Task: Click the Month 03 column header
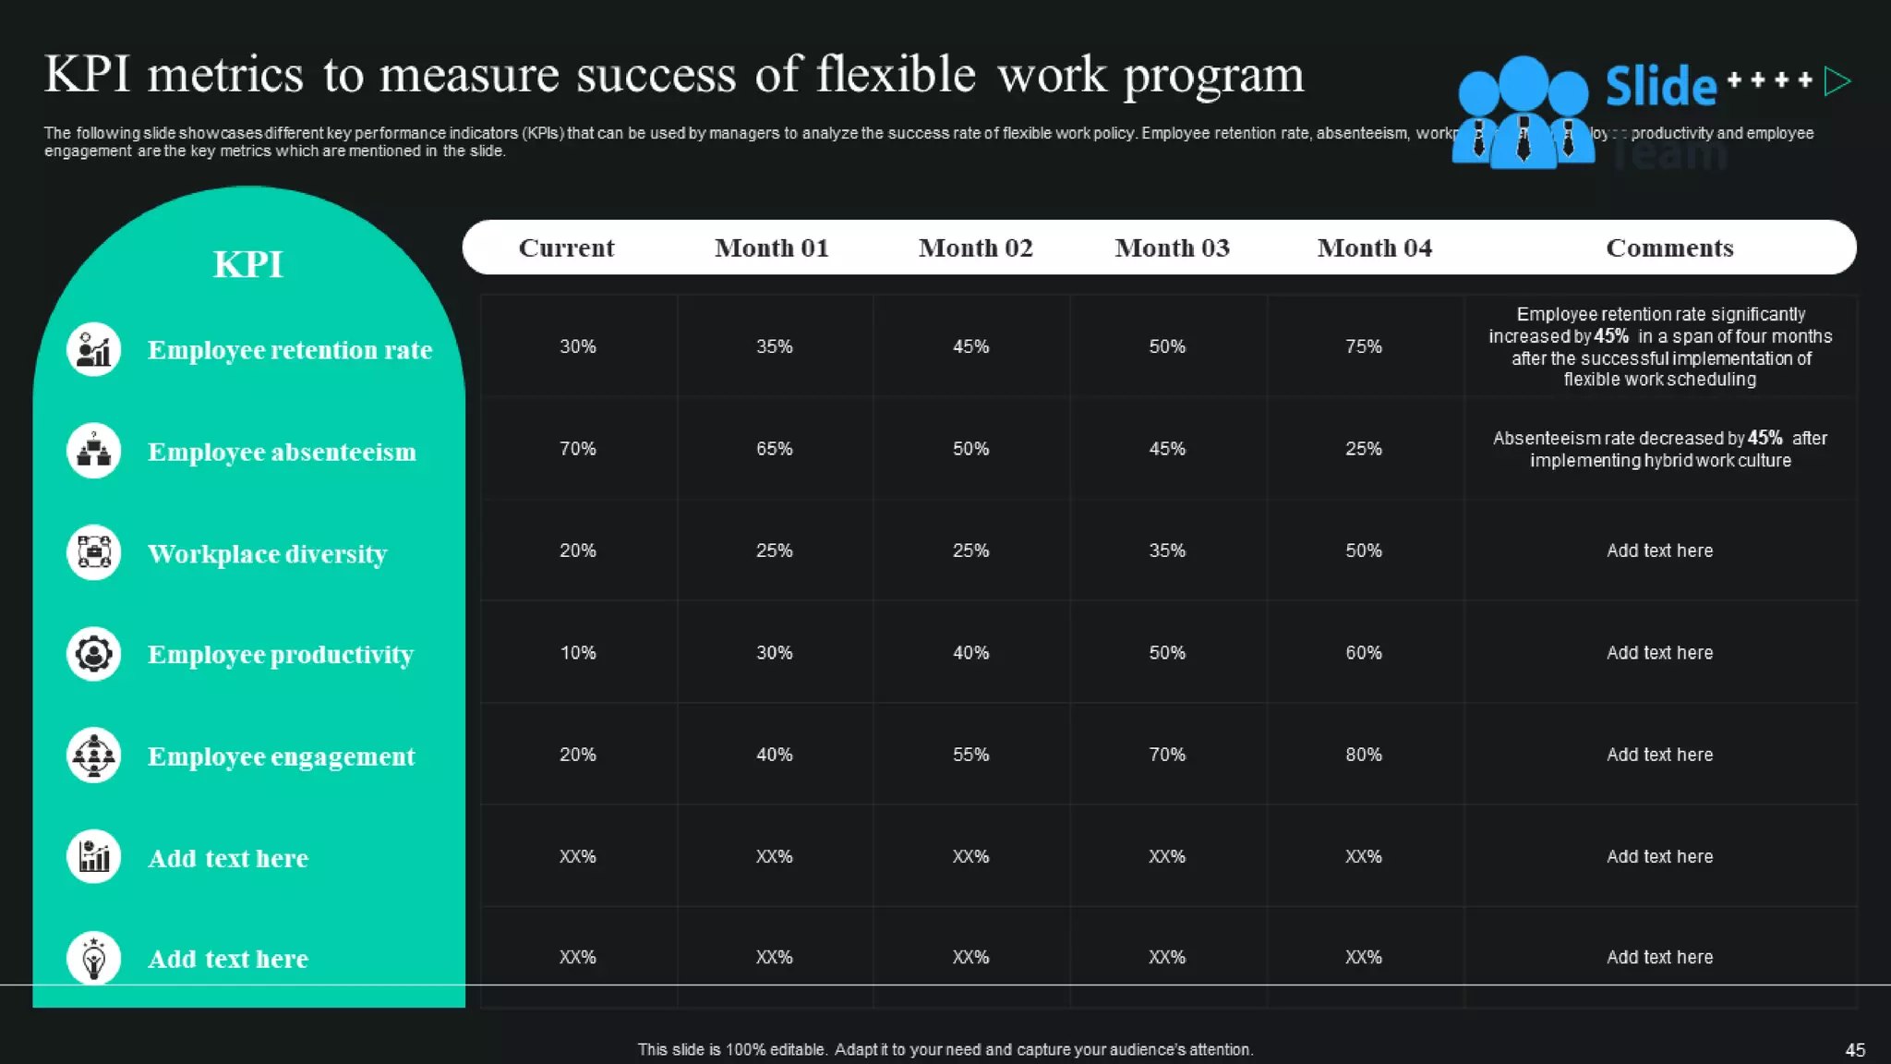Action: coord(1172,248)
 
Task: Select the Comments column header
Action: coord(1669,248)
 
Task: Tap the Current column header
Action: coord(566,248)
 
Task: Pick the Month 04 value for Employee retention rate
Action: coord(1363,346)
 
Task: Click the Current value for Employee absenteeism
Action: coord(578,449)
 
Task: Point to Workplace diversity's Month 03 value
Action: coord(1167,550)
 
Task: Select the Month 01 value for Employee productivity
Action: coord(774,653)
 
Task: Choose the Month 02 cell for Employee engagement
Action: coord(970,755)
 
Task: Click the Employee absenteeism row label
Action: coord(282,452)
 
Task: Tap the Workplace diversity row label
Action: coord(267,553)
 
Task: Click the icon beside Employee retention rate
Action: coord(94,350)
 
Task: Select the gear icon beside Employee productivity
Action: coord(94,654)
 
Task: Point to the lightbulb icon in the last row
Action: coord(94,959)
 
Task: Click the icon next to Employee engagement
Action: coord(94,756)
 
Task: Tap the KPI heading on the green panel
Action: coord(248,264)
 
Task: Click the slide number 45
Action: coord(1855,1050)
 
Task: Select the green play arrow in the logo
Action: coord(1837,81)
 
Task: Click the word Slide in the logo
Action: coord(1660,87)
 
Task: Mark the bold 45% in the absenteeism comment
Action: coord(1765,438)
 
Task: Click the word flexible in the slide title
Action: coord(895,75)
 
